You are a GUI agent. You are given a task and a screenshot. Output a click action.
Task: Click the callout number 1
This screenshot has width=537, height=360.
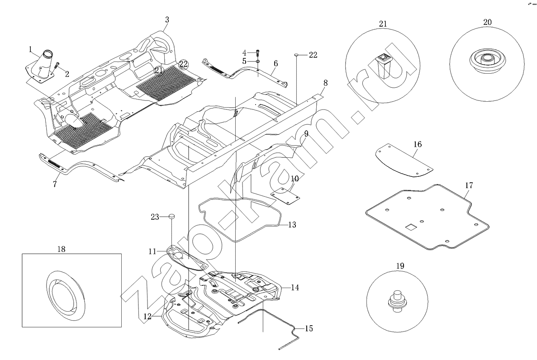31,48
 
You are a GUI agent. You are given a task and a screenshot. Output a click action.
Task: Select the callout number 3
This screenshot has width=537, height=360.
167,20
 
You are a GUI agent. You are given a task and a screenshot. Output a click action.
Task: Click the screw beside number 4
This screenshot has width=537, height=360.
257,52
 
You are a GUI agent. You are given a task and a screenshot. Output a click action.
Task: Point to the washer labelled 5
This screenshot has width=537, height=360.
257,61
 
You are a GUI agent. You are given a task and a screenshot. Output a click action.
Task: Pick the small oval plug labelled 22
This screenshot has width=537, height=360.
297,55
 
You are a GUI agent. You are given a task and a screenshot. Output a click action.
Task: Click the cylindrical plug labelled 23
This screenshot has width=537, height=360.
172,217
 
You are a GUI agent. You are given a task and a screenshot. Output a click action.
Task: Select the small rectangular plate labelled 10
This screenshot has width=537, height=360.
286,196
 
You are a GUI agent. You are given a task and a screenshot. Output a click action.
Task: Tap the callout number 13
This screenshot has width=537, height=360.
292,225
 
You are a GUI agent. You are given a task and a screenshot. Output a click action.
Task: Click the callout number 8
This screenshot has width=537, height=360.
325,83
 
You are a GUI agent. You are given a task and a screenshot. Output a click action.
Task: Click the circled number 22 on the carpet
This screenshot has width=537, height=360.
183,64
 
